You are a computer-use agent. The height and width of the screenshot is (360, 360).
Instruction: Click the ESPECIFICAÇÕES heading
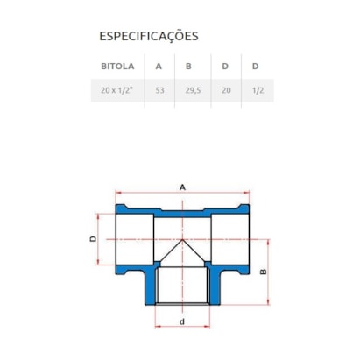click(149, 37)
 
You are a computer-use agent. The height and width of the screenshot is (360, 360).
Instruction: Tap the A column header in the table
click(159, 66)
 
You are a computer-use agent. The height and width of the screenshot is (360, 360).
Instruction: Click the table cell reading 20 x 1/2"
click(116, 89)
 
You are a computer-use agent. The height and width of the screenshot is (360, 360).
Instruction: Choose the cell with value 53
click(159, 89)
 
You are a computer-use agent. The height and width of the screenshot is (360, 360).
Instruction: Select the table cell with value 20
click(227, 89)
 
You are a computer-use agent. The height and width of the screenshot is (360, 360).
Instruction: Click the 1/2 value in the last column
click(256, 89)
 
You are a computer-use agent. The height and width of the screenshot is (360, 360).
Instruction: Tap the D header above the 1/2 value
click(256, 66)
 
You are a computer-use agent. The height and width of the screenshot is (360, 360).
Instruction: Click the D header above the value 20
click(227, 66)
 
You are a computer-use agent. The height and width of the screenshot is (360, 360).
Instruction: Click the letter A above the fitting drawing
click(181, 187)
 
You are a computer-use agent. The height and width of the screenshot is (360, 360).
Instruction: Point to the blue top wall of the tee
click(181, 211)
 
